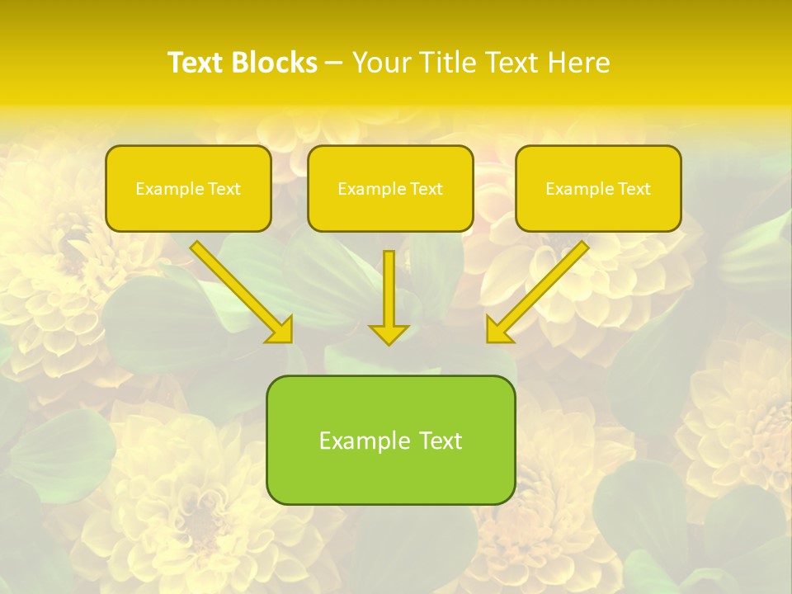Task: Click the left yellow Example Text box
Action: pos(188,188)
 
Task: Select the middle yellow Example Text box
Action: pos(390,188)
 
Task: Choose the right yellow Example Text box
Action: pos(598,188)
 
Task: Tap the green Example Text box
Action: pos(390,440)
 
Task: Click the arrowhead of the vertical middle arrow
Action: pos(389,333)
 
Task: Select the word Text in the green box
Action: pos(441,441)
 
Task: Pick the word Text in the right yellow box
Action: pos(634,189)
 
